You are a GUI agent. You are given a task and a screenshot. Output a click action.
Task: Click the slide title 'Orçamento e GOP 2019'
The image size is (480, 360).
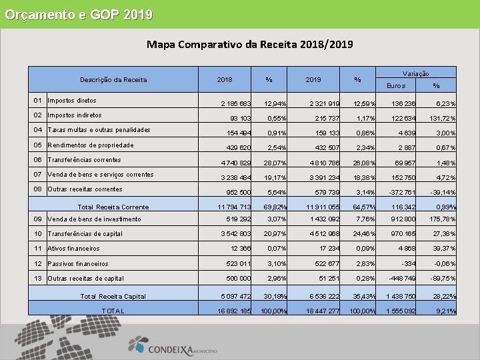(78, 14)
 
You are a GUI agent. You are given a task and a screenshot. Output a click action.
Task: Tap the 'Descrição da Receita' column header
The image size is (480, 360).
(113, 80)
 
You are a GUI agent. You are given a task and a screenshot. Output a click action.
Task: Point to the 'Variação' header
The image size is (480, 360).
(416, 73)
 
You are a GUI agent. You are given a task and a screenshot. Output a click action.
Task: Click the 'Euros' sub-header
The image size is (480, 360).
(395, 86)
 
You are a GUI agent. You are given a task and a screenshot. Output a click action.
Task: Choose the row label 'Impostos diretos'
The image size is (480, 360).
(72, 101)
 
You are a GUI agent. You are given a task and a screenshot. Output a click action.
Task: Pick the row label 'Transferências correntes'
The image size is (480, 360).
(84, 160)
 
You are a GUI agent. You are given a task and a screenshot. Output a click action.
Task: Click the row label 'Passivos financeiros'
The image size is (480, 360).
(77, 264)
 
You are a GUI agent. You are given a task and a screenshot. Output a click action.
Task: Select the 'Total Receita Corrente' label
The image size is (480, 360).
(113, 207)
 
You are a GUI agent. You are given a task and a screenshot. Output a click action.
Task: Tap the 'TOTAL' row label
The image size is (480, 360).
(113, 311)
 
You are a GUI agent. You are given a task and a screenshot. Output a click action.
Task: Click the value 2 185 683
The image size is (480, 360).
(236, 104)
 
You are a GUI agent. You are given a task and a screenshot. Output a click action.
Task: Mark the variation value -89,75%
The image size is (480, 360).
(441, 279)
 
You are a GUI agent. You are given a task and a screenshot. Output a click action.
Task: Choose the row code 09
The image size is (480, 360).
(37, 219)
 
